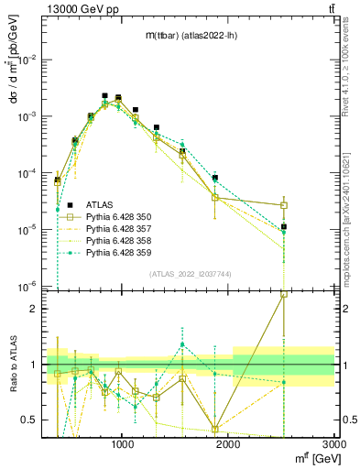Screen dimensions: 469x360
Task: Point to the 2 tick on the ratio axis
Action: coord(36,309)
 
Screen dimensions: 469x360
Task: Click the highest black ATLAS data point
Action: coord(105,95)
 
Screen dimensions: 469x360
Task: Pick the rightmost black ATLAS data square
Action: coord(284,226)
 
